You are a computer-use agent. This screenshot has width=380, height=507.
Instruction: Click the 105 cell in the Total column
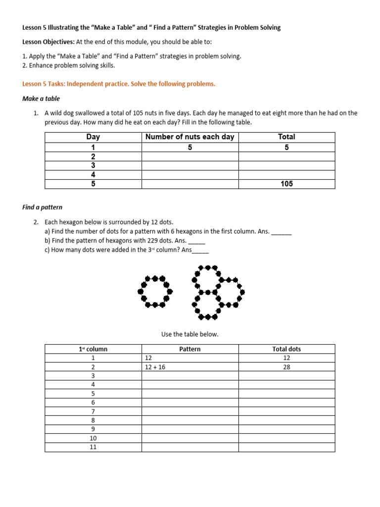[x=286, y=184]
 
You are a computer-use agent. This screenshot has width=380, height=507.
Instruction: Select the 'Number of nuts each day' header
[x=190, y=137]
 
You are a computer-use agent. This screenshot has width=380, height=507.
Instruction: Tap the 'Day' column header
[x=93, y=137]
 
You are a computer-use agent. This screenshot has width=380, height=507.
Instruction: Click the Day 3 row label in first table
[x=93, y=165]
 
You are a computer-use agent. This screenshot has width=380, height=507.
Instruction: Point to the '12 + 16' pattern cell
[x=155, y=367]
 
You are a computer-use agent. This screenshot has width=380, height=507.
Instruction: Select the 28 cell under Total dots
[x=286, y=367]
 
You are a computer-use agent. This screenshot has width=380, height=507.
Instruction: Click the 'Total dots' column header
[x=286, y=349]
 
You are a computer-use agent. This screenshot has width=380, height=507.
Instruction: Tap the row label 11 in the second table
[x=93, y=447]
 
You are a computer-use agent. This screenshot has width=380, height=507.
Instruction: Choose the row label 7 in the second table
[x=93, y=411]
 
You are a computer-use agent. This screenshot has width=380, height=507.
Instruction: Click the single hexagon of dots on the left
[x=155, y=292]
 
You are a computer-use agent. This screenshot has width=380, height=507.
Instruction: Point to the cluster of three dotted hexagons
[x=215, y=292]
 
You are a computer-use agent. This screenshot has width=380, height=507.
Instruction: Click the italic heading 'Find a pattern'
[x=43, y=207]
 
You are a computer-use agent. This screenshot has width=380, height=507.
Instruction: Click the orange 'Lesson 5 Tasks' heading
[x=119, y=84]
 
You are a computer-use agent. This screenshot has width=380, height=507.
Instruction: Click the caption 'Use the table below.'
[x=190, y=334]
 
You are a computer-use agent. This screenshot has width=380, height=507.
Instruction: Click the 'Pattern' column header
[x=190, y=349]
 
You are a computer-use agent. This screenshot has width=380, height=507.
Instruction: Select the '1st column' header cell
[x=93, y=349]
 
